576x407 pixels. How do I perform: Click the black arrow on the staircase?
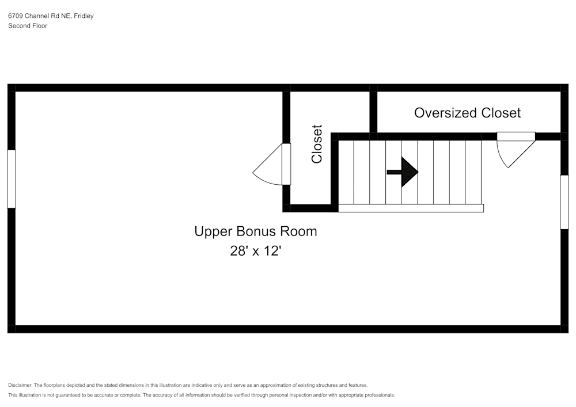403,172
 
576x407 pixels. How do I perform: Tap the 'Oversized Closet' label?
467,113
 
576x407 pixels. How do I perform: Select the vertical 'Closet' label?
317,144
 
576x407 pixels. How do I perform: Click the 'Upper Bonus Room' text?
255,231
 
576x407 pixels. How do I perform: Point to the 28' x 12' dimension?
255,252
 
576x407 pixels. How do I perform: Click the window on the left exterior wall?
12,178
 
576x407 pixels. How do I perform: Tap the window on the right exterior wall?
564,202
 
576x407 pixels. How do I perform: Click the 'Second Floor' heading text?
28,26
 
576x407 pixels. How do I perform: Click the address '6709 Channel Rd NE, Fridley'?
51,16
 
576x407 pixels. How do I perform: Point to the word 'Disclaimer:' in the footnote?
20,385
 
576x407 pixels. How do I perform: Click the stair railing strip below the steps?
410,208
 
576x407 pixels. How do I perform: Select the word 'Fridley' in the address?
84,16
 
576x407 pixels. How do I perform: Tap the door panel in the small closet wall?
286,164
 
